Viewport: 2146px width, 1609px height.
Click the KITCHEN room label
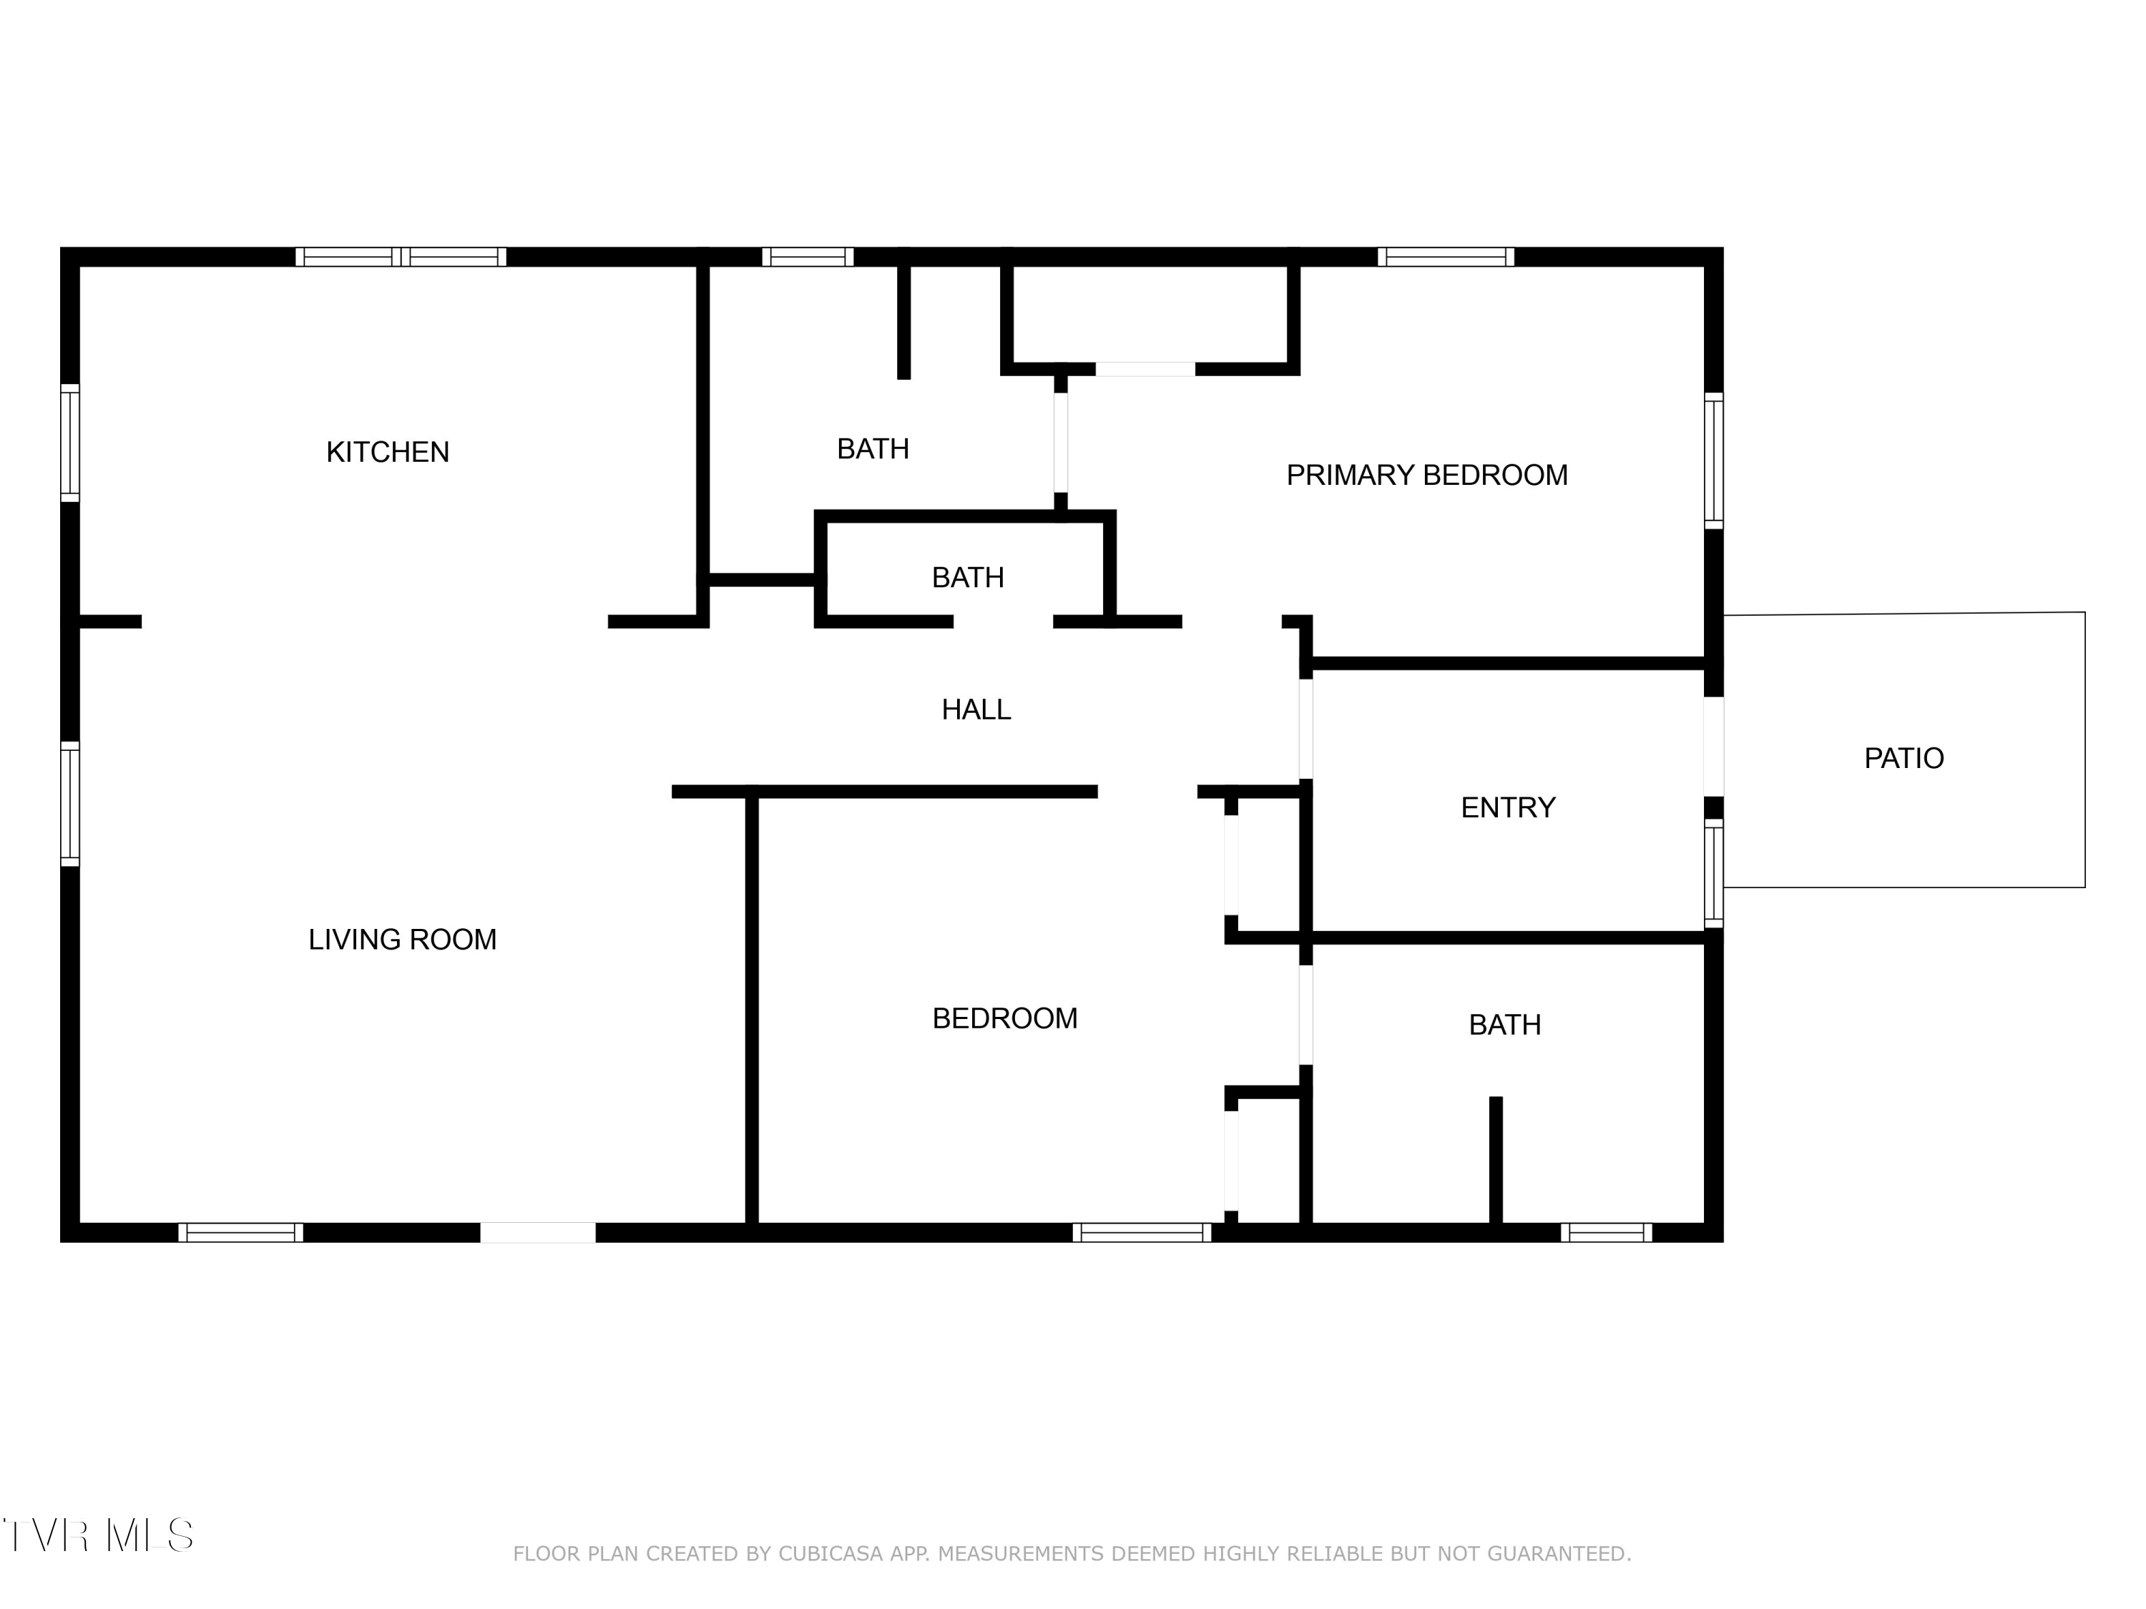[387, 452]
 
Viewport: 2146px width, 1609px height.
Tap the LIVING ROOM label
[403, 939]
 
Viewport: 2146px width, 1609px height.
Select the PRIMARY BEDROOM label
[1427, 476]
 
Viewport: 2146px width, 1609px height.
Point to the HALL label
[976, 710]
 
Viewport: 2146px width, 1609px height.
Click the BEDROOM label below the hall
[1005, 1018]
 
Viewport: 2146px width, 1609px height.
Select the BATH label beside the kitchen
[873, 449]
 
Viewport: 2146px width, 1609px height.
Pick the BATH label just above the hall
[967, 578]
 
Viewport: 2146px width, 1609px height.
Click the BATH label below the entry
[1505, 1025]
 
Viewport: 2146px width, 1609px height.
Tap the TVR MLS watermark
[98, 1535]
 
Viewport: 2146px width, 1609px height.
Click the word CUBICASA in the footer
[831, 1554]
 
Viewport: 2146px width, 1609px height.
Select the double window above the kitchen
[401, 257]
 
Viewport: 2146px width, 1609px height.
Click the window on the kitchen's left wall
[70, 443]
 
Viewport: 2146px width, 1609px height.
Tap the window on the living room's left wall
[70, 804]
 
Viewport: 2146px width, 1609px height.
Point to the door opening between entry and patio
[1714, 747]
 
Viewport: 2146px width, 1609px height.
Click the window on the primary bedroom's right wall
[1714, 461]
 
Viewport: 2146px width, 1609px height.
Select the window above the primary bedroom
[1446, 257]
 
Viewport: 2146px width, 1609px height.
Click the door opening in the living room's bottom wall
[539, 1233]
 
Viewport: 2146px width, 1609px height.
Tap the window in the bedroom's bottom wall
[1142, 1233]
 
